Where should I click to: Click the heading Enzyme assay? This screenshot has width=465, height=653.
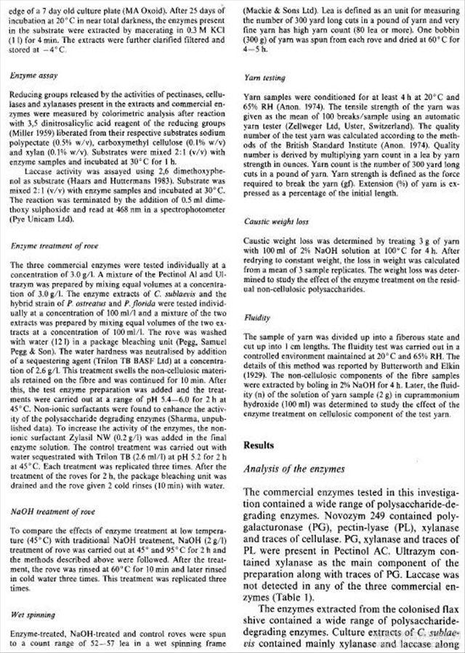tap(33, 75)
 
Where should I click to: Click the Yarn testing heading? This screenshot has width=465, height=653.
tap(264, 78)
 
